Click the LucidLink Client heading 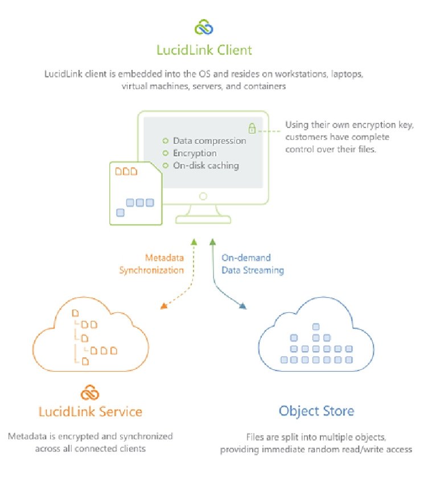point(204,51)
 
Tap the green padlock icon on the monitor point(251,128)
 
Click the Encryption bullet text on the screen point(195,153)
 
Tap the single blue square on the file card point(120,213)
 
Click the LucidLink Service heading point(91,411)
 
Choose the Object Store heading point(316,411)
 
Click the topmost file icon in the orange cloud point(75,312)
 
